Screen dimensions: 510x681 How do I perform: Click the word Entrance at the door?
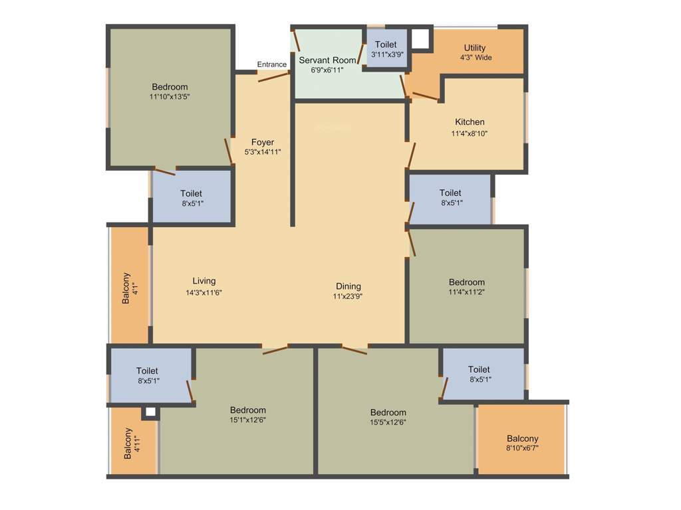(x=272, y=64)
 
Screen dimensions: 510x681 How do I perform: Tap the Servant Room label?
(x=327, y=60)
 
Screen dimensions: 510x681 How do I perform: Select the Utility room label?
(x=475, y=48)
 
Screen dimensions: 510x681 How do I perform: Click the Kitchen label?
(x=470, y=122)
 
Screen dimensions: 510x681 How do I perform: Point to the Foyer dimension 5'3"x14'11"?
(x=263, y=152)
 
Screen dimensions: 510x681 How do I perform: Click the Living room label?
(x=204, y=281)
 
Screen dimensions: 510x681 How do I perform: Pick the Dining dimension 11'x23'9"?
(x=348, y=296)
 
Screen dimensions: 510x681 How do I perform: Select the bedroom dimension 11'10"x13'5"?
(x=170, y=97)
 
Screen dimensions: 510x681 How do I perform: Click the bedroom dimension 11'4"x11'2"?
(x=466, y=292)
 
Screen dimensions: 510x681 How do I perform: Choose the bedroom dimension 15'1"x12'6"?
(x=247, y=420)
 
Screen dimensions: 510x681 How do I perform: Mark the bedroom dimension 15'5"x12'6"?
(x=388, y=422)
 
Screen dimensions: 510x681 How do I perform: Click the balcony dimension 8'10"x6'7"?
(x=522, y=448)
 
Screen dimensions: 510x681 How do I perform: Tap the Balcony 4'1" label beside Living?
(x=129, y=288)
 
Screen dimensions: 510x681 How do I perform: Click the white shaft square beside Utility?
(x=420, y=39)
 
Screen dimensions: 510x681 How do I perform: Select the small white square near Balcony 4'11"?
(x=150, y=412)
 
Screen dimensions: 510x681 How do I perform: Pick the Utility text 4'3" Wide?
(x=475, y=58)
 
